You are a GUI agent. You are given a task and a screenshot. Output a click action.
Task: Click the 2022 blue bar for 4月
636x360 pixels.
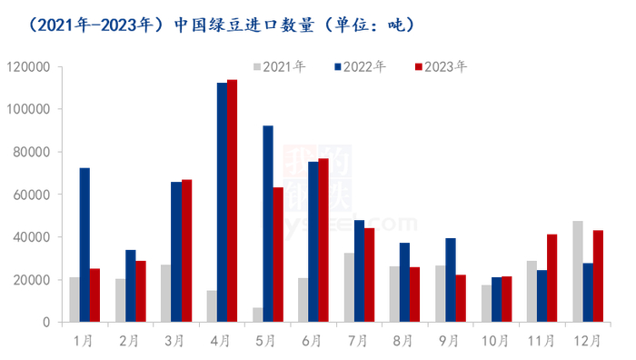coord(222,202)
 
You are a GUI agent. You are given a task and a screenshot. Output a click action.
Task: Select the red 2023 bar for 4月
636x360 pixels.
coord(232,201)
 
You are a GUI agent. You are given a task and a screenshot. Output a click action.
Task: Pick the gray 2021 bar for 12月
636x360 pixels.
coord(578,271)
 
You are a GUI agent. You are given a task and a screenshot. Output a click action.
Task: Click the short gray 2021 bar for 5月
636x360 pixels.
coord(258,315)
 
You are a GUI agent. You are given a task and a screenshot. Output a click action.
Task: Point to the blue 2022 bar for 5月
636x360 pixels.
coord(268,224)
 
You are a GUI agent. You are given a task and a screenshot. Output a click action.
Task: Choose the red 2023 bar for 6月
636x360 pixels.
coord(323,240)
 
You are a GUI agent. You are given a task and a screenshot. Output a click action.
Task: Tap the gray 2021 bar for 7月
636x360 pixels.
coord(349,287)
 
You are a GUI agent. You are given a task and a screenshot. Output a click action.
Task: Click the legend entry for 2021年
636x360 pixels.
coord(278,67)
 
